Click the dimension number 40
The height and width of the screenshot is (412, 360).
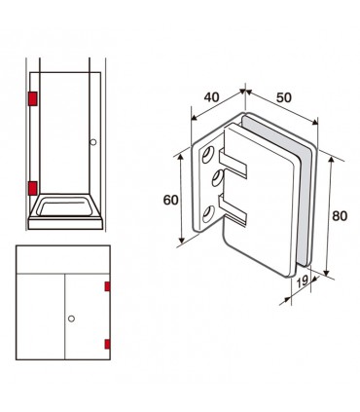click(x=211, y=97)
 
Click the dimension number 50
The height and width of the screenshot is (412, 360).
click(x=284, y=97)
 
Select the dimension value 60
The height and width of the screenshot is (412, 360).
click(x=170, y=200)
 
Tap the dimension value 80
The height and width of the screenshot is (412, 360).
click(x=340, y=216)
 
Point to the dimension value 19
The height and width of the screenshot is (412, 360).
click(x=303, y=281)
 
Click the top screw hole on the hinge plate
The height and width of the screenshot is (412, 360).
click(x=208, y=155)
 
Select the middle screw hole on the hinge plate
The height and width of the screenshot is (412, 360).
click(x=218, y=177)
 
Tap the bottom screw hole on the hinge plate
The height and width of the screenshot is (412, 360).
click(x=208, y=214)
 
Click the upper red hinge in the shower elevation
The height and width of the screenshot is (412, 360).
click(x=33, y=98)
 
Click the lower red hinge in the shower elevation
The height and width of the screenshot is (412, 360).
click(x=33, y=188)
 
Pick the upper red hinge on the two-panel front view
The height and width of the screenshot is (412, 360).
click(x=107, y=286)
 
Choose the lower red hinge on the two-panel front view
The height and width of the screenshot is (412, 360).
click(x=107, y=344)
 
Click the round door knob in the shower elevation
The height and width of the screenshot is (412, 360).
click(x=93, y=142)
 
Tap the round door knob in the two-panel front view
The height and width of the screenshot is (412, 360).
click(x=71, y=318)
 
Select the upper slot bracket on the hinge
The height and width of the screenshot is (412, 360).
click(x=233, y=164)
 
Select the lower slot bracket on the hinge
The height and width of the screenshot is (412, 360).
click(x=233, y=210)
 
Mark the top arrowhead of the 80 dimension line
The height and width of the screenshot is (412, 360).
click(x=332, y=160)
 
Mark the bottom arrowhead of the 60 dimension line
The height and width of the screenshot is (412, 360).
click(x=182, y=241)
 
